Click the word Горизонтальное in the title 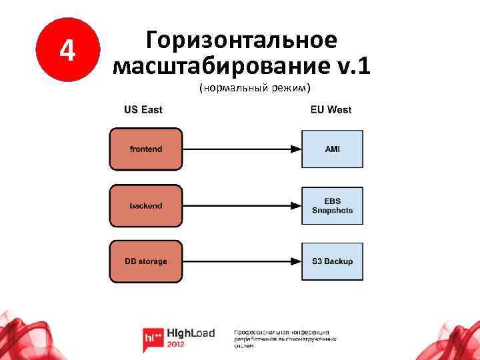241,40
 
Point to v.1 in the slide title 351,66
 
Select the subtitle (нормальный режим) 255,89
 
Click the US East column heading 143,109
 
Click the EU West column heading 331,109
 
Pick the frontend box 145,149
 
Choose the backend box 145,206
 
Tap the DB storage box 145,261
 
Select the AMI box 332,149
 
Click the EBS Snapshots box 332,206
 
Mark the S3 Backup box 332,261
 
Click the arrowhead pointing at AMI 294,149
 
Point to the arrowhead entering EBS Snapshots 294,206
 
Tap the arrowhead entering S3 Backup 294,261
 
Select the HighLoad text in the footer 193,333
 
